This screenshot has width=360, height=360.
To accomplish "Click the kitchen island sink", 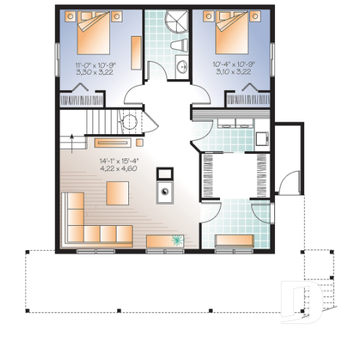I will (166, 194).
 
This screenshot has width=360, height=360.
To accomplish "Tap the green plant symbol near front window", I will (178, 239).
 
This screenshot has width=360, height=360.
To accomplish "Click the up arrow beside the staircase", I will (72, 136).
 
